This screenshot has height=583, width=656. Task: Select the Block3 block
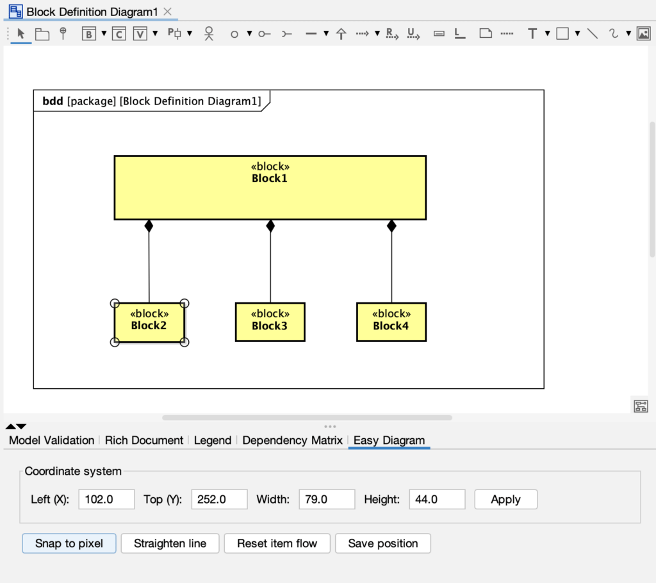pyautogui.click(x=270, y=322)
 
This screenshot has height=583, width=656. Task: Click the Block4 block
pyautogui.click(x=391, y=322)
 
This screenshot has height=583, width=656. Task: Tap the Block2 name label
pyautogui.click(x=149, y=325)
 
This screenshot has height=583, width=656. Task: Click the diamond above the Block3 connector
pyautogui.click(x=270, y=226)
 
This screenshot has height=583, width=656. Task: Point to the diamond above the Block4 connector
pyautogui.click(x=391, y=226)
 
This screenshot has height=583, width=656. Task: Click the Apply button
pyautogui.click(x=505, y=500)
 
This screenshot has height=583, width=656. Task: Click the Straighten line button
pyautogui.click(x=170, y=543)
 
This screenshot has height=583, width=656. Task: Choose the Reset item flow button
pyautogui.click(x=277, y=543)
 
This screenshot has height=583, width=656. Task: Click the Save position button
pyautogui.click(x=382, y=543)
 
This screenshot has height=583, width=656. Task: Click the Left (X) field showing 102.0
pyautogui.click(x=106, y=500)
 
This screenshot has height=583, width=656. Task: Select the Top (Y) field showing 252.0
pyautogui.click(x=219, y=500)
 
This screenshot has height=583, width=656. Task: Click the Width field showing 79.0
pyautogui.click(x=327, y=500)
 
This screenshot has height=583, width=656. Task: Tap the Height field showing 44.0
pyautogui.click(x=437, y=500)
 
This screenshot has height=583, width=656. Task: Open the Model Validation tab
pyautogui.click(x=51, y=440)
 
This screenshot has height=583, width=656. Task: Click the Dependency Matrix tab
pyautogui.click(x=292, y=440)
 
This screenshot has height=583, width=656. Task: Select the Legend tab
pyautogui.click(x=213, y=440)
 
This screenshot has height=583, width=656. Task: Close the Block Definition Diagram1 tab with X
pyautogui.click(x=168, y=12)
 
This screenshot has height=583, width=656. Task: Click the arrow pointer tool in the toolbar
pyautogui.click(x=21, y=34)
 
